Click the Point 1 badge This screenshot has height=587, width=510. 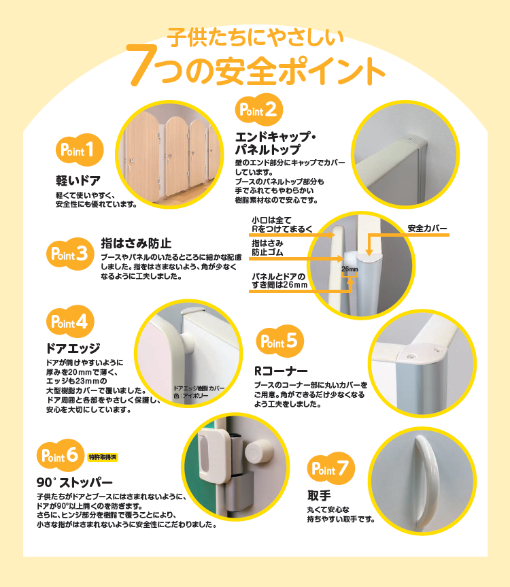(x=80, y=150)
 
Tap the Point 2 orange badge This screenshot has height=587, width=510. (x=259, y=110)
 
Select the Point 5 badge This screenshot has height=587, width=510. (x=280, y=341)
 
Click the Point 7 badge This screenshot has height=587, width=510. (x=330, y=469)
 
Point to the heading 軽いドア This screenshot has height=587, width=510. (x=78, y=180)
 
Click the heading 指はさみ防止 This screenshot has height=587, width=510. (x=136, y=244)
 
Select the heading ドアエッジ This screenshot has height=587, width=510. (x=73, y=348)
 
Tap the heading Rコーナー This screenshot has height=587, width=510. (x=281, y=371)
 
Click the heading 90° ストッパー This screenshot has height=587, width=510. (x=75, y=482)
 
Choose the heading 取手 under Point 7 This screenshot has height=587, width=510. (x=319, y=496)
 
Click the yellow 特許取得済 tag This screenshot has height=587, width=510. (x=103, y=457)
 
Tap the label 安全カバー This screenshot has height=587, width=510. (x=427, y=229)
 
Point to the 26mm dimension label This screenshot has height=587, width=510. (x=350, y=269)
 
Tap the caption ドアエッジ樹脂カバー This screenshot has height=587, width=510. (x=199, y=388)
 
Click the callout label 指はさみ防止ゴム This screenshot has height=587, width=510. (x=267, y=248)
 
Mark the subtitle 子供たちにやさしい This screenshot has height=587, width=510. (x=255, y=37)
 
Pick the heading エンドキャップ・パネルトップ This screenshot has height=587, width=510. (x=275, y=143)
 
